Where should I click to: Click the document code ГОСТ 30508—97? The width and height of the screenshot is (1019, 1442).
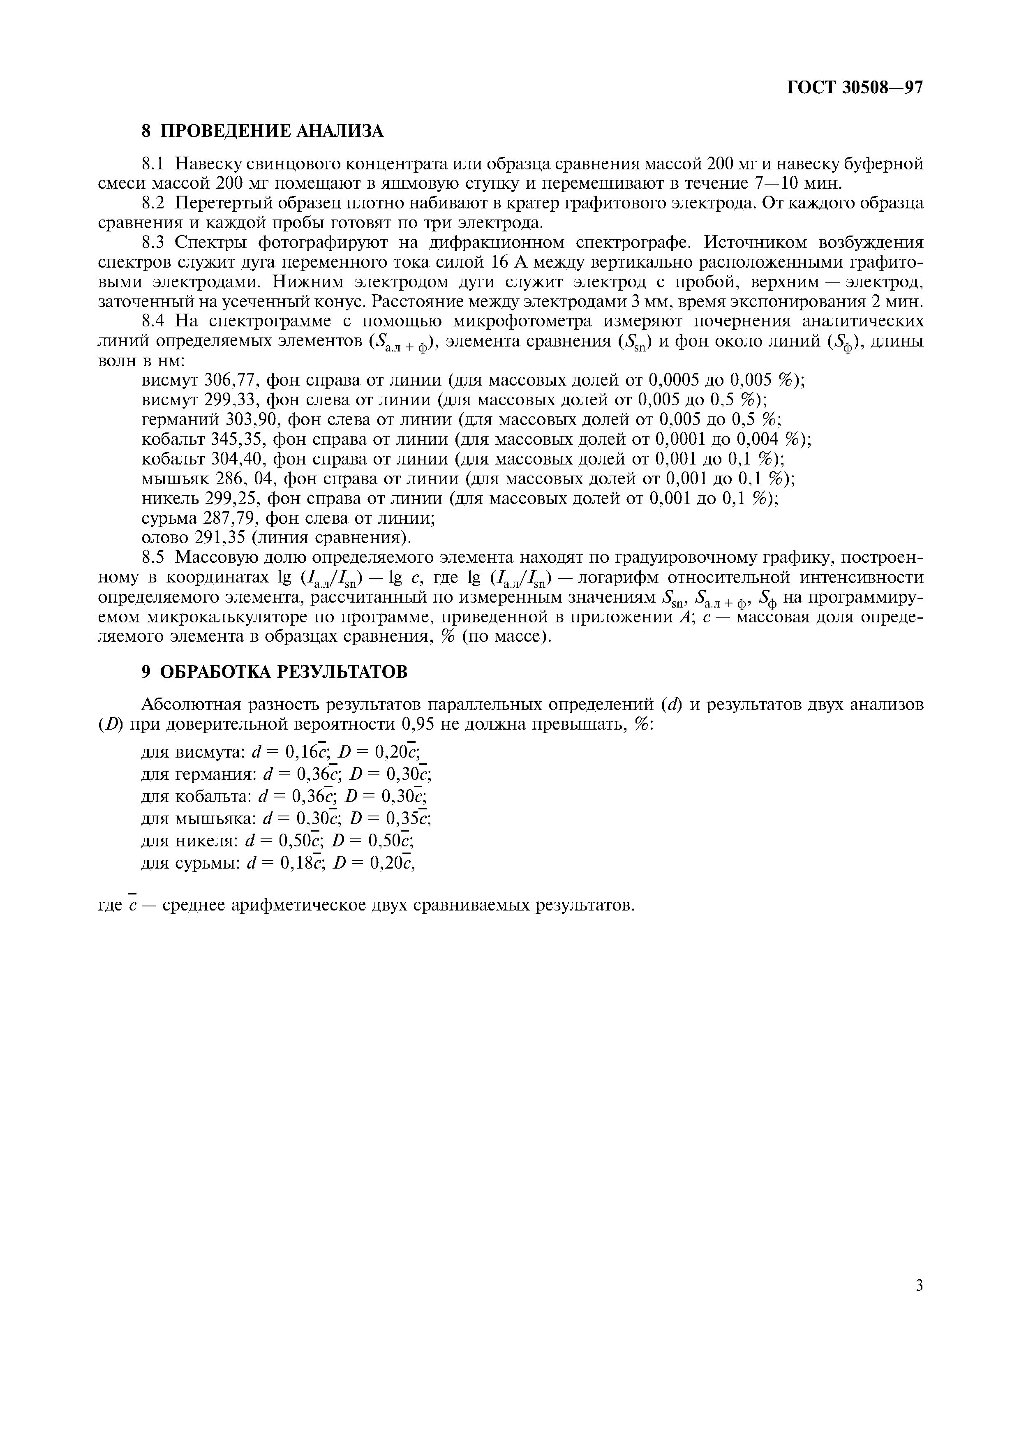[x=855, y=87]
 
